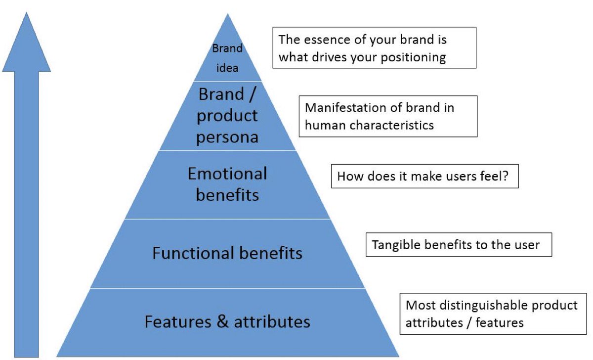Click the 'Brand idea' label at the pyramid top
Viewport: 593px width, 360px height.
coord(227,58)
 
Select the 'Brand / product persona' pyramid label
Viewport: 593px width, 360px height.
coord(227,115)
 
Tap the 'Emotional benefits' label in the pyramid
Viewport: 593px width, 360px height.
coord(227,184)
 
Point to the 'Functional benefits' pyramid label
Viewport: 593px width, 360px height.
coord(227,254)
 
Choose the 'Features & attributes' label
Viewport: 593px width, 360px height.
coord(227,322)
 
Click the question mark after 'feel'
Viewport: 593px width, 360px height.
coord(505,176)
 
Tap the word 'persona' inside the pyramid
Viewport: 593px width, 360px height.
coord(227,136)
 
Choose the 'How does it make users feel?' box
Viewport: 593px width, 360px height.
coord(424,176)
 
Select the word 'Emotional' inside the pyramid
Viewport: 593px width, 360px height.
coord(227,174)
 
